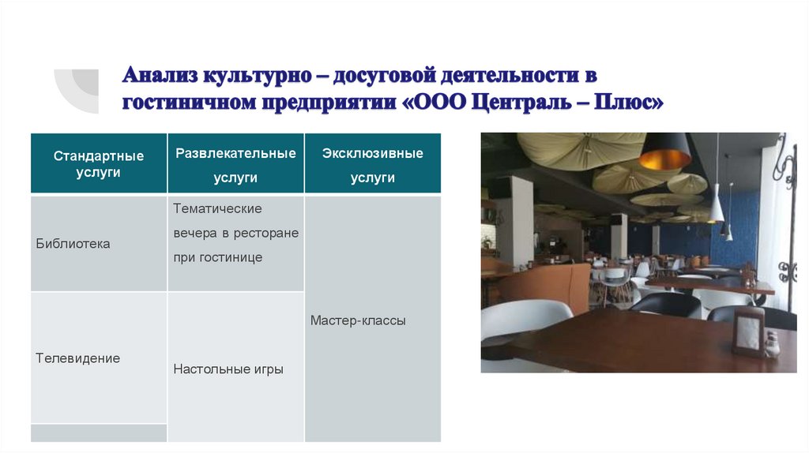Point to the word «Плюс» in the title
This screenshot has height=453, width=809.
[x=626, y=103]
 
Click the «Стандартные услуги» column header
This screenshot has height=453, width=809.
[x=99, y=163]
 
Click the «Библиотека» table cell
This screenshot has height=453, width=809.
[x=73, y=244]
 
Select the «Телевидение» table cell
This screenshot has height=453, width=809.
[x=77, y=358]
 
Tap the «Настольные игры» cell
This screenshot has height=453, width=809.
[x=228, y=369]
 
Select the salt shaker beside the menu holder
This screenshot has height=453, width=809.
[x=772, y=343]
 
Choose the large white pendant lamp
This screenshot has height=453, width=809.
[x=716, y=207]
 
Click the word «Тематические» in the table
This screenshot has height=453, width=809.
[x=217, y=208]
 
